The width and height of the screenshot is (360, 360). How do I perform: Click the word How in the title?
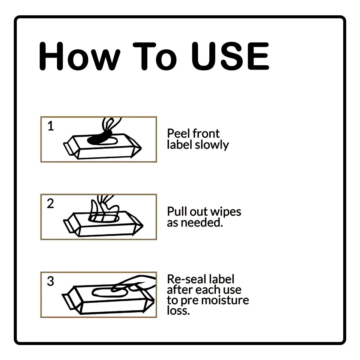(79, 56)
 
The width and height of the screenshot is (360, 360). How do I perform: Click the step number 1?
(51, 126)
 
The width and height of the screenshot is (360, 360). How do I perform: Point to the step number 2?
(50, 204)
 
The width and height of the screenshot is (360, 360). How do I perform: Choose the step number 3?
(50, 281)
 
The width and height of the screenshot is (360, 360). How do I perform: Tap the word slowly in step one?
(212, 145)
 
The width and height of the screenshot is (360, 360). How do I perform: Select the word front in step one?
(206, 133)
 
